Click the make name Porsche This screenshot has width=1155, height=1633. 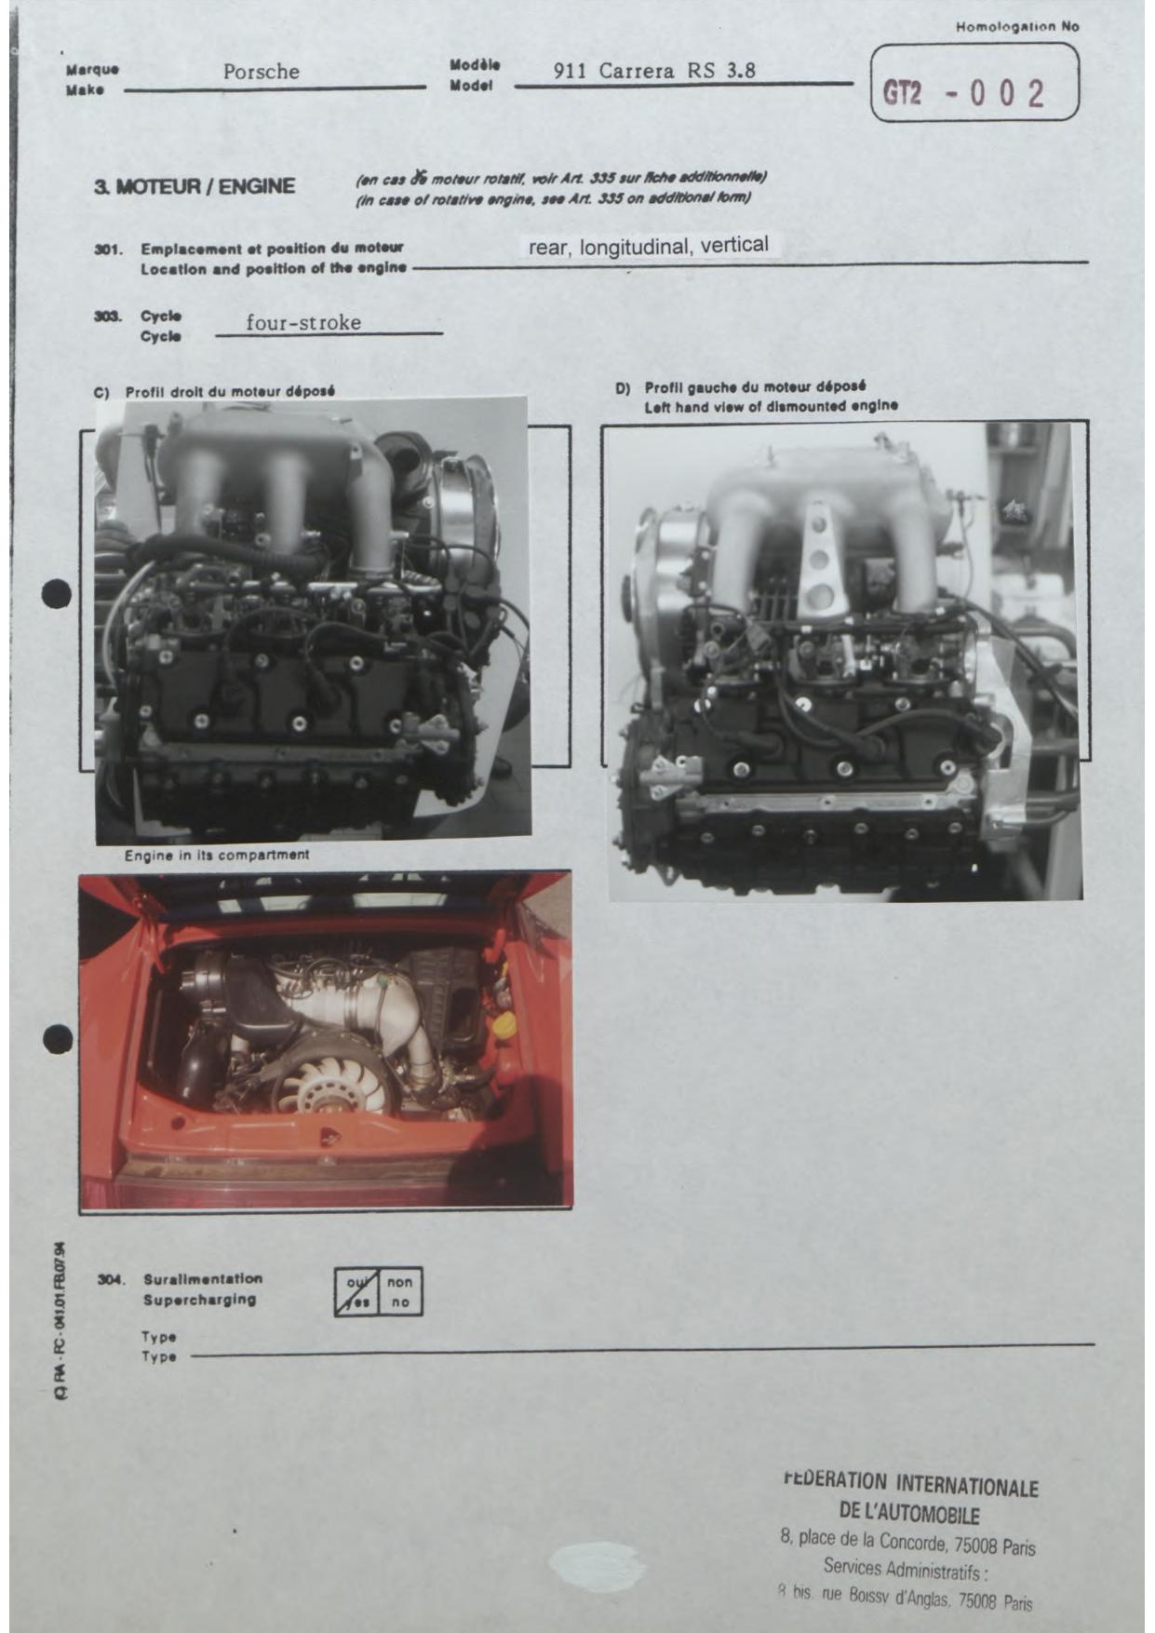click(261, 72)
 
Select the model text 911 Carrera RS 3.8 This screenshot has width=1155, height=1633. click(654, 71)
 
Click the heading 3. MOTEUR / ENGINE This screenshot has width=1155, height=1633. click(195, 186)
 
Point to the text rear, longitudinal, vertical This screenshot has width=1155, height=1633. click(649, 246)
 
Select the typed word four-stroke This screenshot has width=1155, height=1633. click(303, 323)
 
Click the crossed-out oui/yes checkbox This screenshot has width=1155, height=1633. click(356, 1291)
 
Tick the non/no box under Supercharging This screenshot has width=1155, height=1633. click(400, 1291)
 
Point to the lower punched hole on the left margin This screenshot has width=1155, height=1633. click(58, 1039)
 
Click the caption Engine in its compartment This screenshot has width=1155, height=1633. click(217, 855)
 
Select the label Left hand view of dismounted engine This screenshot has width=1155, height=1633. click(772, 407)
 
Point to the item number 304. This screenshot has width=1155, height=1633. click(111, 1279)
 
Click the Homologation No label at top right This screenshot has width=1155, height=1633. click(1017, 27)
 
